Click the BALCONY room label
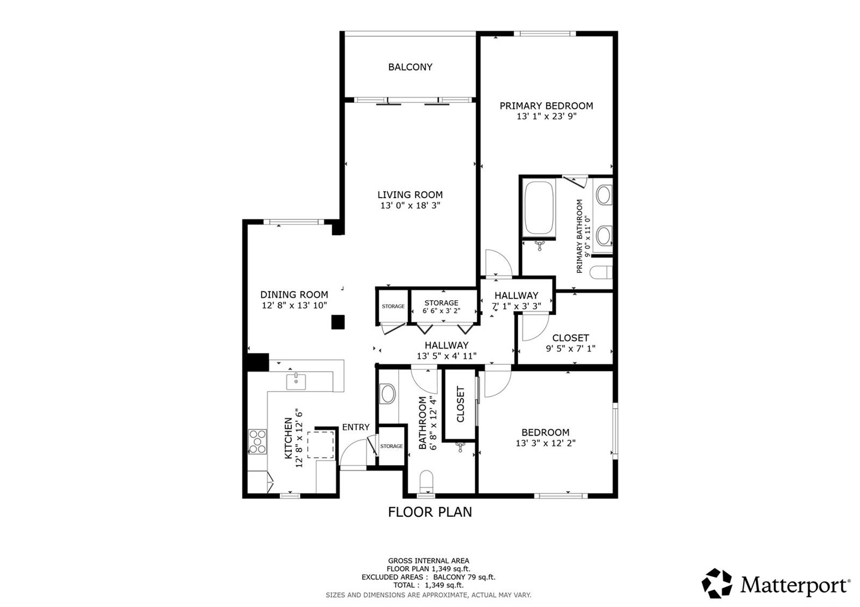pos(410,67)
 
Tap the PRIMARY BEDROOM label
pos(546,105)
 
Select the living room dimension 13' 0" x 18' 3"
pos(410,205)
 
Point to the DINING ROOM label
pos(294,294)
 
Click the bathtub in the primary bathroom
pos(539,207)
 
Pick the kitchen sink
pos(296,382)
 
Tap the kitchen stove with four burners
pos(257,442)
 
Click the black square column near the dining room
pos(338,322)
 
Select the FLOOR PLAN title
pos(429,512)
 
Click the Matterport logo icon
pos(716,583)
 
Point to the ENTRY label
pos(355,427)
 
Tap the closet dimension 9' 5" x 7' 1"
pos(570,349)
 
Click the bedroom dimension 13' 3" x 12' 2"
pos(545,443)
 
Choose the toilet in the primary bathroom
pos(601,273)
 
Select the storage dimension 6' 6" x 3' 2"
pos(441,311)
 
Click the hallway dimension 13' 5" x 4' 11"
pos(447,356)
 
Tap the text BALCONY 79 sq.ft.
pos(464,577)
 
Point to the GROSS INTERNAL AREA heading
pos(428,561)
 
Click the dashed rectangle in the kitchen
pos(320,444)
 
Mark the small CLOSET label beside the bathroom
pos(460,404)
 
